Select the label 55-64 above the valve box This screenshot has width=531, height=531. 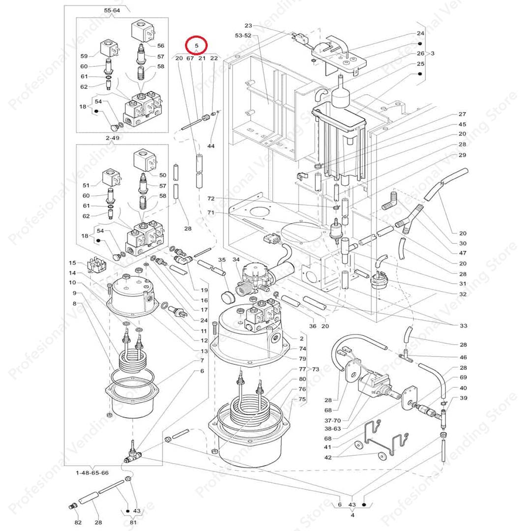[112, 10]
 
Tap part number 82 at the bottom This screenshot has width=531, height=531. [78, 522]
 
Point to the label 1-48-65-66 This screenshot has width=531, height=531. [92, 472]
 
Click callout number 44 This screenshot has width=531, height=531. [211, 147]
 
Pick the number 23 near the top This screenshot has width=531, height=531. [248, 26]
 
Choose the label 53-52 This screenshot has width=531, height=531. [243, 35]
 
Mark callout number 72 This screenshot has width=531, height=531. [211, 199]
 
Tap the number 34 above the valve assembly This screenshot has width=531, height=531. [236, 259]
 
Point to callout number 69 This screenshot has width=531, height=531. [463, 378]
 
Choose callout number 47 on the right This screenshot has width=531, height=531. [463, 253]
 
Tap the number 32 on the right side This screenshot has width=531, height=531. [463, 294]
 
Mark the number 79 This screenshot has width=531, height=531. [302, 358]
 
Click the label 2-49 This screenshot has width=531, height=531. [112, 138]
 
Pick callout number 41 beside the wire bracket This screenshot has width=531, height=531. [328, 447]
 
